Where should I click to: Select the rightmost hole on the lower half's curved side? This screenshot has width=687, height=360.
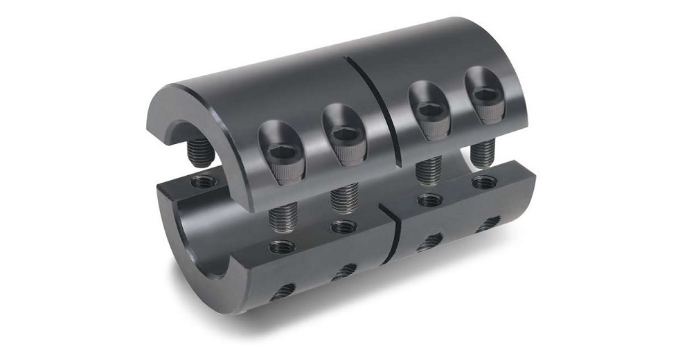[493, 221]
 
